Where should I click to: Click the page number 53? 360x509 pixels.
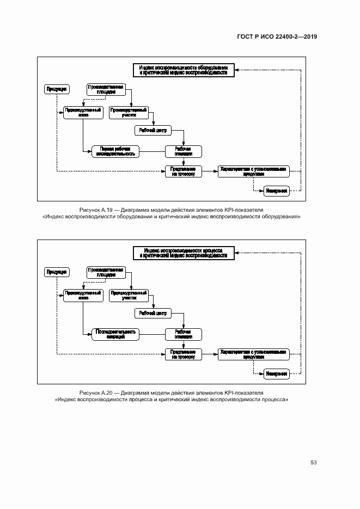314,463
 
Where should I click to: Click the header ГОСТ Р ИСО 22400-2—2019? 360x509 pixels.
277,37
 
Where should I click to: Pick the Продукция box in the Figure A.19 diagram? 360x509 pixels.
57,89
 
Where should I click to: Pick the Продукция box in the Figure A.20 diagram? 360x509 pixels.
57,272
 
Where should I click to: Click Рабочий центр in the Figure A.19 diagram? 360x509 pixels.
153,130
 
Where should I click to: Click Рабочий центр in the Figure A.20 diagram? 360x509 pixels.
153,313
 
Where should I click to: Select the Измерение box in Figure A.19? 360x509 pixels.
276,191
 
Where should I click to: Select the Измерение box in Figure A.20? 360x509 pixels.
276,373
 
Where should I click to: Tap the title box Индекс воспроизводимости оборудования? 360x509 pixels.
183,70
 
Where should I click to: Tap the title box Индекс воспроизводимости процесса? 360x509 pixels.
183,253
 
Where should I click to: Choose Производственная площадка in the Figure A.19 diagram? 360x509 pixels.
106,89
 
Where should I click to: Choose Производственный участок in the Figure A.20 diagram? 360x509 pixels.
129,296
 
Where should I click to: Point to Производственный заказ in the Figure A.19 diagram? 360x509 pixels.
83,113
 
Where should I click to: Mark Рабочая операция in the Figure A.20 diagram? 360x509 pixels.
183,334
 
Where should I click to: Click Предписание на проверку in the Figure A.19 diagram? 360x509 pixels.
183,171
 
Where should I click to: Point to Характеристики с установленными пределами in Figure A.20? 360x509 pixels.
252,354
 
